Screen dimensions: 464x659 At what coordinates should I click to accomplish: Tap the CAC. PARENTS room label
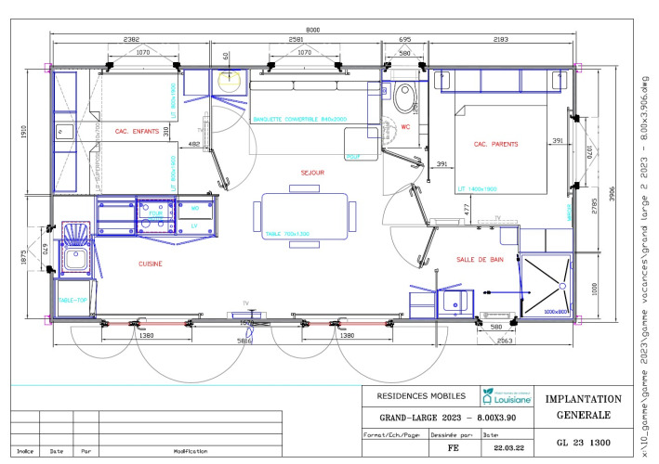494,145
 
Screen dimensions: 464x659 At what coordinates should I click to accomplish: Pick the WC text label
404,128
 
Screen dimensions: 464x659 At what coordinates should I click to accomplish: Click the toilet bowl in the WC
404,96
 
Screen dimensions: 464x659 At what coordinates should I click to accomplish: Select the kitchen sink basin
74,257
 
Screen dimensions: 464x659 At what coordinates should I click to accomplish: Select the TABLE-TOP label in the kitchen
72,301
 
